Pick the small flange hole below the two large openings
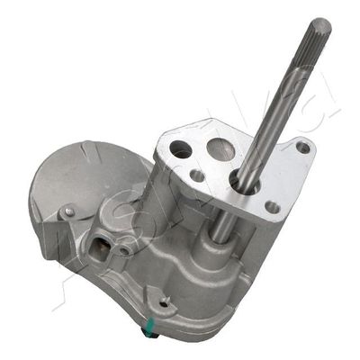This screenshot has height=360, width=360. coord(196,175)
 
